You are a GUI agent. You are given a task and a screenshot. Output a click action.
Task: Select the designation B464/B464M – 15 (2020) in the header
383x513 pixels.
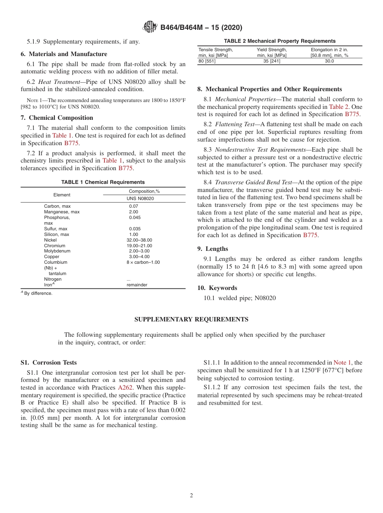pos(201,28)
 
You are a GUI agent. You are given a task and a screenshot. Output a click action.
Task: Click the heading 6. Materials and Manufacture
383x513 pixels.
pos(64,54)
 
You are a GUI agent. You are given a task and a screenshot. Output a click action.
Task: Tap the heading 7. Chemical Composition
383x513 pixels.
pos(57,118)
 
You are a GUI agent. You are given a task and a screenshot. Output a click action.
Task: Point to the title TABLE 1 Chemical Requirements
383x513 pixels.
pos(103,182)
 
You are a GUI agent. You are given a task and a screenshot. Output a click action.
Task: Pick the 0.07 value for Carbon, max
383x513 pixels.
pos(133,206)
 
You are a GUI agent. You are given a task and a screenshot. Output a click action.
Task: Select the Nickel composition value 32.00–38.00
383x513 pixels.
pos(139,240)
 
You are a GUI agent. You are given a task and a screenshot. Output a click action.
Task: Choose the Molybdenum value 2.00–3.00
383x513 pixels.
pos(139,251)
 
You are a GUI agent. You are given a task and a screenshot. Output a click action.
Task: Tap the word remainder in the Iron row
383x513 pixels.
pos(137,285)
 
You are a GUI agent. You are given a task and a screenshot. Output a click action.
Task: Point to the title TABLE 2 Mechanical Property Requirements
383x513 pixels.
pos(279,41)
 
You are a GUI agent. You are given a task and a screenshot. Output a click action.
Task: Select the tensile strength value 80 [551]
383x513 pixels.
pos(207,61)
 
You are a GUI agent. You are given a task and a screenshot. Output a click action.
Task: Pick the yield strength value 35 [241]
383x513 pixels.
pos(271,61)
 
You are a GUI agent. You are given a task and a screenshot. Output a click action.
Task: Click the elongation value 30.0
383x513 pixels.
pos(329,61)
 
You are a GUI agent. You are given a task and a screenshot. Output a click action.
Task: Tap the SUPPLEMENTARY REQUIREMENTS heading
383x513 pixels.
pos(191,319)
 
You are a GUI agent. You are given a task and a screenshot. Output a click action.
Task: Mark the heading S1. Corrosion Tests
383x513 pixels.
pos(48,363)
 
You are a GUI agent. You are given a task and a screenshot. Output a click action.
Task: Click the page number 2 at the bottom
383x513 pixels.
pos(191,496)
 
